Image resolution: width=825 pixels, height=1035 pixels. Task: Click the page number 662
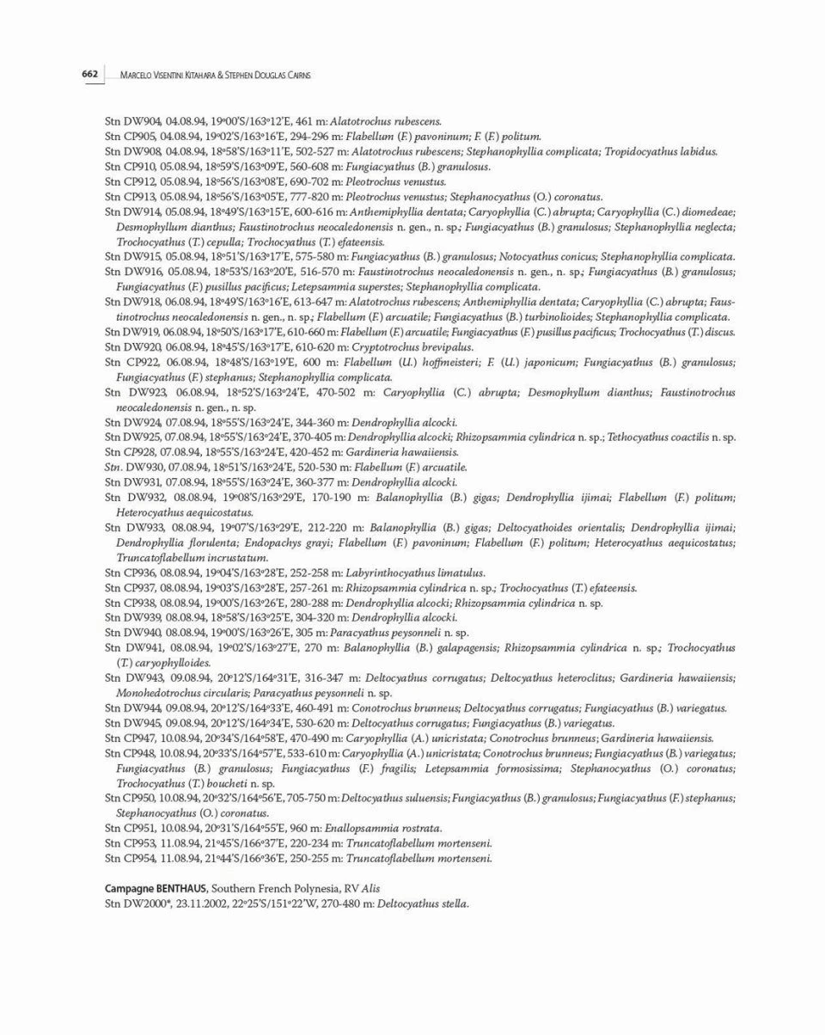[90, 75]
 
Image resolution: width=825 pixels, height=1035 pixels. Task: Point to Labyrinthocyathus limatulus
[415, 573]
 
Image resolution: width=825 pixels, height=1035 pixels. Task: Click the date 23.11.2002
[202, 903]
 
